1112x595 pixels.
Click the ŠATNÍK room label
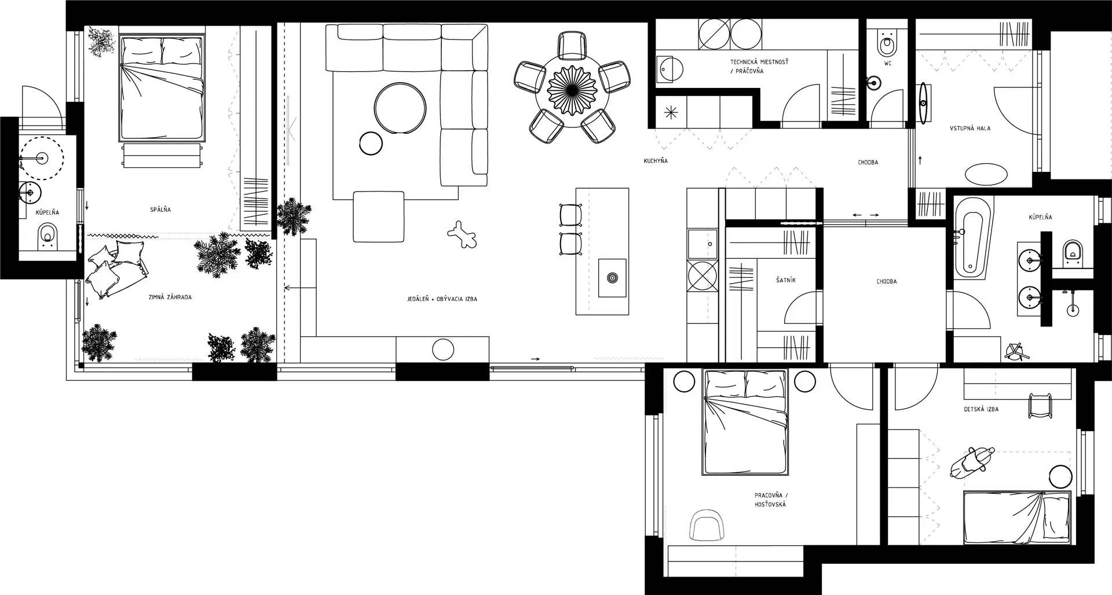pos(785,280)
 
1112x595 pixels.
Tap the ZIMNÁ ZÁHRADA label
pos(170,297)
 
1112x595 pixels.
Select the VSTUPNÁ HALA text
pos(970,128)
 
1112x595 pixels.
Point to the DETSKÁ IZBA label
pos(981,409)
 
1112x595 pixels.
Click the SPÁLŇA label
pos(160,209)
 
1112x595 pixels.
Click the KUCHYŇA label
pos(656,160)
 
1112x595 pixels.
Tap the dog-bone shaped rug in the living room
pos(462,234)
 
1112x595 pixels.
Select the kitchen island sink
pos(612,278)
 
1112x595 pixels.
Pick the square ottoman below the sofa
pos(379,216)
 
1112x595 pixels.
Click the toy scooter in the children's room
pos(972,461)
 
